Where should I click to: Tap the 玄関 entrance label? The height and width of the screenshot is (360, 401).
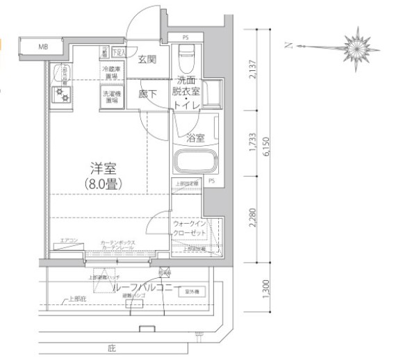pyautogui.click(x=147, y=60)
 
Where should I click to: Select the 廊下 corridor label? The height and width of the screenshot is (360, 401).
pyautogui.click(x=147, y=92)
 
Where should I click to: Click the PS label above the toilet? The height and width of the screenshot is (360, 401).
pyautogui.click(x=186, y=37)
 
